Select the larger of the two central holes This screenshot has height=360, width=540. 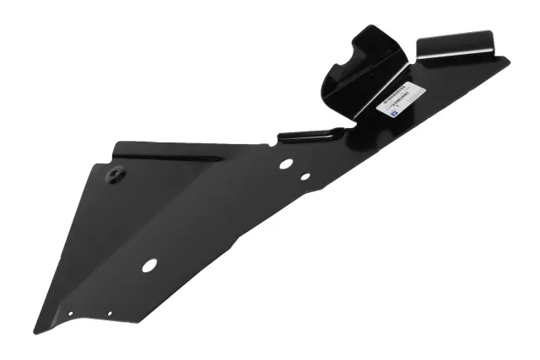coord(286,163)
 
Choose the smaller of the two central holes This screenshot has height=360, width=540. coord(305,177)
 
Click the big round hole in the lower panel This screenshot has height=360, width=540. coord(149,265)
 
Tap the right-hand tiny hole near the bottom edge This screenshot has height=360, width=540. coord(109,314)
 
